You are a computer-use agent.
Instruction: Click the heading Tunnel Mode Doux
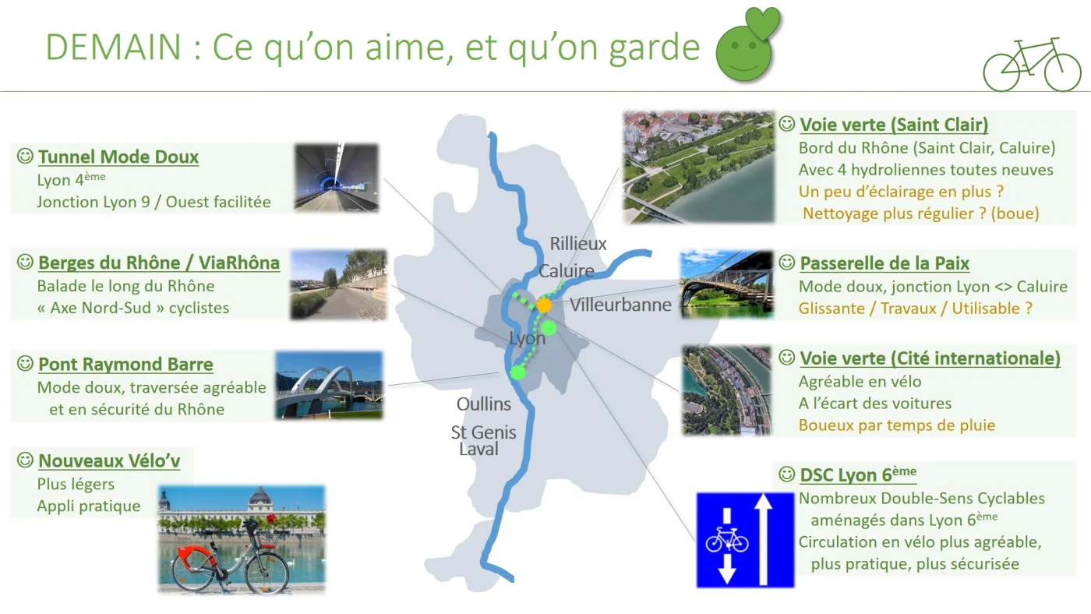point(118,157)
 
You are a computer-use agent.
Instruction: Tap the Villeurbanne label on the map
point(620,305)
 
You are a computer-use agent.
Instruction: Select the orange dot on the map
point(544,305)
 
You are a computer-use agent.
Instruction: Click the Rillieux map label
point(578,243)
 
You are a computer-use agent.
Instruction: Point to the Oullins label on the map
point(484,404)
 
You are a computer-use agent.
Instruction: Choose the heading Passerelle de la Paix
point(884,263)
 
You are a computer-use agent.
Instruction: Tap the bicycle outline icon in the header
point(1033,64)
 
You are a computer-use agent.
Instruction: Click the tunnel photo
point(337,177)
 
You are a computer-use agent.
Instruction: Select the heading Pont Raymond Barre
point(125,364)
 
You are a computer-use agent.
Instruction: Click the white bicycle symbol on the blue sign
point(726,541)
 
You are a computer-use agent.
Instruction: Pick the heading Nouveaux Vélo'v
point(109,460)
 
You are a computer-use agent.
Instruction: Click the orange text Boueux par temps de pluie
point(897,425)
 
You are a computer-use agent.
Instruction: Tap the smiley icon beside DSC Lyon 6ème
point(786,474)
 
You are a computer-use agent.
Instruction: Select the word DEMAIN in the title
point(113,48)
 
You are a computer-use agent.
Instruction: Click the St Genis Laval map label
point(482,440)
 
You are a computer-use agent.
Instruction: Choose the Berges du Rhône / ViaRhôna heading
point(159,263)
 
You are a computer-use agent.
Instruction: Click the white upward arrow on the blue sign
point(763,538)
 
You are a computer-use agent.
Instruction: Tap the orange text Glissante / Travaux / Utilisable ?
point(915,309)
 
